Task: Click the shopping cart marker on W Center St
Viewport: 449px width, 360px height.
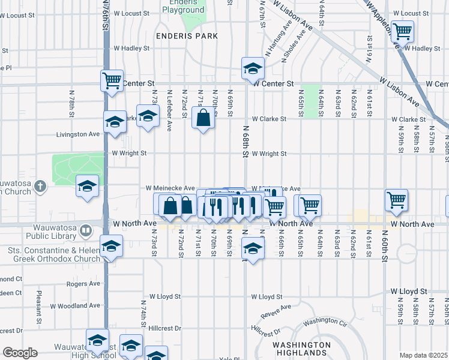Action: pyautogui.click(x=112, y=80)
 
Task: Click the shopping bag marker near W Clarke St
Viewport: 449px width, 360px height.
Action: pyautogui.click(x=203, y=118)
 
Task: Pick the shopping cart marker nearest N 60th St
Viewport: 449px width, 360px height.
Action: pyautogui.click(x=396, y=200)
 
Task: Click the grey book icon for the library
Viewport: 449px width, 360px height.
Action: pyautogui.click(x=86, y=230)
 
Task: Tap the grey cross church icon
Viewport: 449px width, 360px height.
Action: pyautogui.click(x=40, y=186)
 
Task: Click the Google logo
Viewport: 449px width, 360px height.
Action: pyautogui.click(x=20, y=353)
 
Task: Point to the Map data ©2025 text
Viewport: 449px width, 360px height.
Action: pyautogui.click(x=423, y=355)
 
